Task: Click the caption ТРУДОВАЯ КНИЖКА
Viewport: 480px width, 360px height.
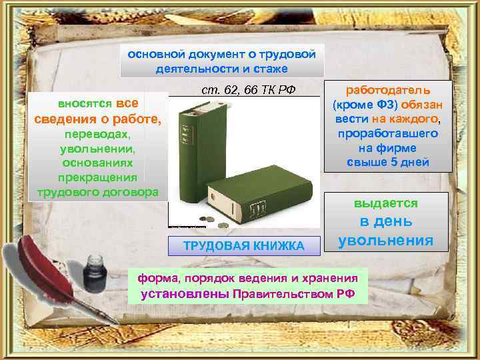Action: [243, 246]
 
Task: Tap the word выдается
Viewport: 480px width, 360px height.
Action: [386, 203]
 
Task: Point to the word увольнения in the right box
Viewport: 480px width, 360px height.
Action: [386, 240]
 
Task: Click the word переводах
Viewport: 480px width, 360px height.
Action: [97, 135]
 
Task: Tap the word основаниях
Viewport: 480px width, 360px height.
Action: [97, 163]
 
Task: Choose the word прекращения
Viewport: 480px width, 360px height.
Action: [97, 177]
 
